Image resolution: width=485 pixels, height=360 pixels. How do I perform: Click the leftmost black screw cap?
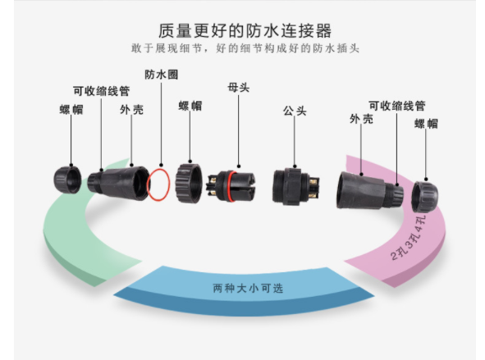coord(67,180)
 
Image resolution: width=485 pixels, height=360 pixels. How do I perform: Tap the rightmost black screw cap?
coord(425,197)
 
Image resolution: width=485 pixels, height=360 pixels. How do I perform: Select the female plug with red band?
coord(231,186)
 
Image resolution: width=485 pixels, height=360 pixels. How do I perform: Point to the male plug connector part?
coord(295,186)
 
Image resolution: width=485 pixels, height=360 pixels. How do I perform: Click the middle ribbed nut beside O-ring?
coord(189,183)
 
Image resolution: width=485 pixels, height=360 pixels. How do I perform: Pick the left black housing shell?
coord(119,183)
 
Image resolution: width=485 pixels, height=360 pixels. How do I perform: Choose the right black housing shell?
coord(369,191)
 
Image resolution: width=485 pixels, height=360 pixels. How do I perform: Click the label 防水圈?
coord(161,75)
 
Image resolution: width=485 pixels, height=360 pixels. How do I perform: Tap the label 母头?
coord(239,88)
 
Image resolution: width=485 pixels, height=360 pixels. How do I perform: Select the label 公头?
coord(295,111)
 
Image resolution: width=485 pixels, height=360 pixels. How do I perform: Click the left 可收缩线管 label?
coord(102,91)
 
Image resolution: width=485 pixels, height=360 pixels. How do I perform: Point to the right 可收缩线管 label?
coord(397,106)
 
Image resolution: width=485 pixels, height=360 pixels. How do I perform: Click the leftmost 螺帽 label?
coord(71,110)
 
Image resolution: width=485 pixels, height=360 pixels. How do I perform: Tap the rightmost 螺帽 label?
coord(426,124)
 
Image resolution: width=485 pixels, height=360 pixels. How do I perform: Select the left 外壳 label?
coord(132,110)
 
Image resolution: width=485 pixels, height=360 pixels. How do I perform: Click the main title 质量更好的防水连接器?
coord(245,30)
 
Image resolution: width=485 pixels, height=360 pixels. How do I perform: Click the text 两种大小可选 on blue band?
coord(248,289)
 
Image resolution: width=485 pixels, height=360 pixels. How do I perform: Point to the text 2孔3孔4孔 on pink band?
coord(409,238)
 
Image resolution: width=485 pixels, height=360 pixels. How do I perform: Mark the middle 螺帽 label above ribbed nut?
coord(190,106)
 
